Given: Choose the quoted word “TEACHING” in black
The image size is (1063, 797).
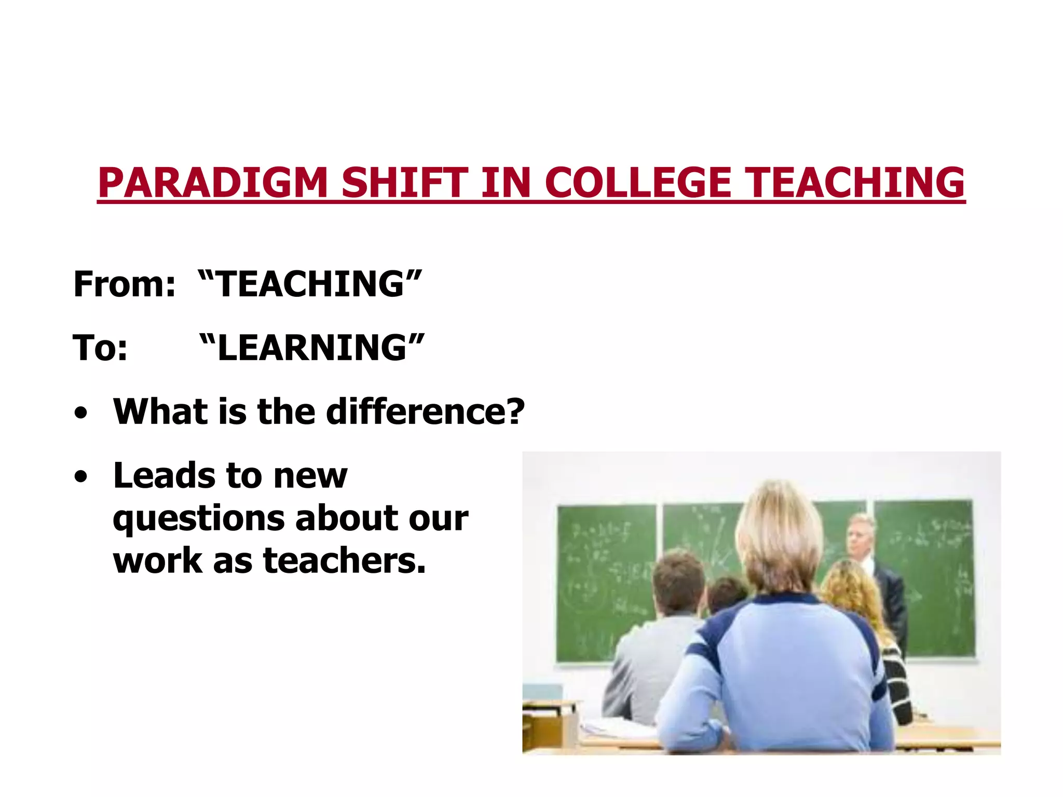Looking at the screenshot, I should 310,284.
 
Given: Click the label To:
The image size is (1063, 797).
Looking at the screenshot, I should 100,348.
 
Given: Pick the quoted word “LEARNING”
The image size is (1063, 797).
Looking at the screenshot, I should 311,348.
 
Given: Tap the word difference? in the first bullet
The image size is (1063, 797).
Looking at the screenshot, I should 425,411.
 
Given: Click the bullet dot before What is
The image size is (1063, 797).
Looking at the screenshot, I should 80,414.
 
